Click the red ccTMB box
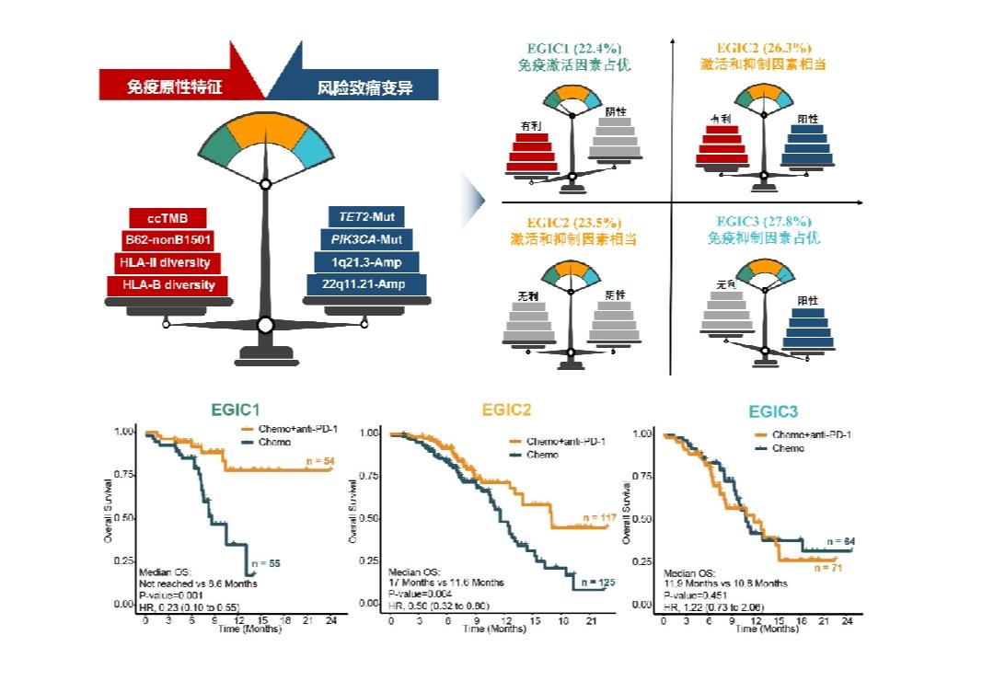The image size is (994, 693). pos(168,219)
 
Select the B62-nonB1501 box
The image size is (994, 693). pos(168,241)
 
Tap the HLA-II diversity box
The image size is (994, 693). pos(168,263)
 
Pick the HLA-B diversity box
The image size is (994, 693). pos(168,285)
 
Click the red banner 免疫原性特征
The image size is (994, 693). pos(175,87)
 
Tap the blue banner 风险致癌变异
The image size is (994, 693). pos(364,87)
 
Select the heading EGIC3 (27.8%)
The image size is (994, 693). pos(766,222)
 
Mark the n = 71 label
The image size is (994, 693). pos(825,569)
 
